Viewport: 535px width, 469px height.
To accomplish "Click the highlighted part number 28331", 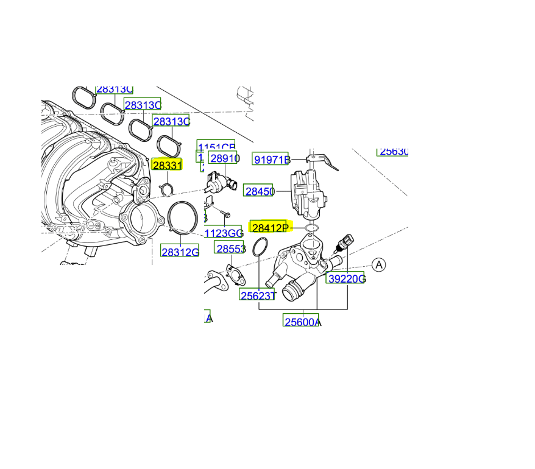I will point(166,165).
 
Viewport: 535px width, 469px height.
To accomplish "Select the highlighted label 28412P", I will point(269,228).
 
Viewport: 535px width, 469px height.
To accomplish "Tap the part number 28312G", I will point(180,251).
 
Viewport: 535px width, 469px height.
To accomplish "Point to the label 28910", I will point(224,159).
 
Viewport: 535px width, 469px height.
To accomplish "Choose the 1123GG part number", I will point(224,233).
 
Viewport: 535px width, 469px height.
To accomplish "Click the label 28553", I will point(230,249).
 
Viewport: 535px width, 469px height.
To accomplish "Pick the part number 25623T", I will point(258,295).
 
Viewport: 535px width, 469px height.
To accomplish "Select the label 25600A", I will point(302,322).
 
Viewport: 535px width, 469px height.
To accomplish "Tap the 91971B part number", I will point(272,160).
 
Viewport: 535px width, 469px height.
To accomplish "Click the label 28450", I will point(259,191).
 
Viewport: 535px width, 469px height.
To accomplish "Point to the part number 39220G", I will point(345,279).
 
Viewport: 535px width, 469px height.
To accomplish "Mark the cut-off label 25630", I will point(393,151).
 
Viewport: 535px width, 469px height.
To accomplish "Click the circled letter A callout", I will point(379,265).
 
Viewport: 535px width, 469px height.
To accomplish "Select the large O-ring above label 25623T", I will point(260,247).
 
